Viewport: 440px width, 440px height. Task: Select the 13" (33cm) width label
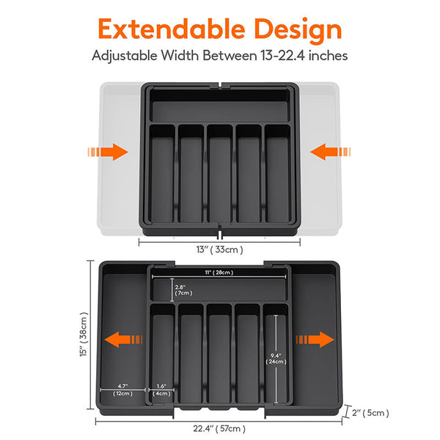220,249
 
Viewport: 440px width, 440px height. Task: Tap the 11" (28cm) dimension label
219,273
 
